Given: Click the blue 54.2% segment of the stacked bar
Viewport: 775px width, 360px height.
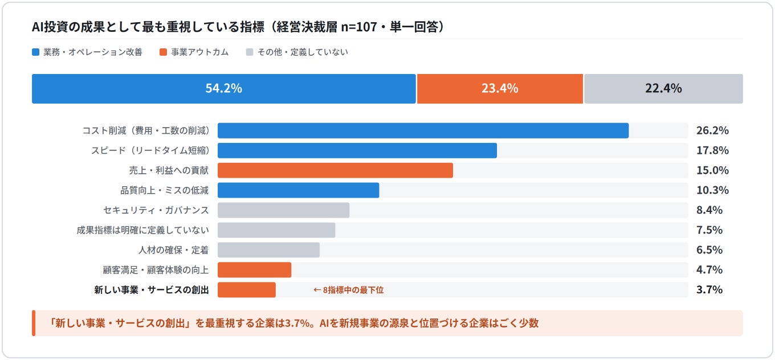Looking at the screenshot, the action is click(x=224, y=88).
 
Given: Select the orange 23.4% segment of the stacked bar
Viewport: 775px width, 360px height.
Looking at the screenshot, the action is click(x=500, y=88).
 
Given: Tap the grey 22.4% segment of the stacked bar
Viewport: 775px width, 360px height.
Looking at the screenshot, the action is click(x=663, y=88).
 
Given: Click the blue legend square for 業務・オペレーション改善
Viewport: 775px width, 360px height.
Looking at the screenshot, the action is click(x=36, y=52).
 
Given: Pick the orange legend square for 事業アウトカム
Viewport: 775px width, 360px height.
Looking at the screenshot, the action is click(x=164, y=52).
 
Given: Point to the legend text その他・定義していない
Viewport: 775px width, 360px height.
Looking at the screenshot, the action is click(x=303, y=52).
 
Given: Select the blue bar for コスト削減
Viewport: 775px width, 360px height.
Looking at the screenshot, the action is click(x=423, y=130).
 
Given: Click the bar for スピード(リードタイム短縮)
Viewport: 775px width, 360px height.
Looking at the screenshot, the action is click(x=357, y=150).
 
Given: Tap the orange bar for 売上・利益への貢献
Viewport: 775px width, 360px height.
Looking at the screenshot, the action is click(x=335, y=170).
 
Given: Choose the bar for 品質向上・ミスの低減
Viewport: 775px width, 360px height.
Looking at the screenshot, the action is click(x=298, y=190).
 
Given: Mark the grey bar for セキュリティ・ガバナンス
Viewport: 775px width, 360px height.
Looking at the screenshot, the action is click(x=283, y=210).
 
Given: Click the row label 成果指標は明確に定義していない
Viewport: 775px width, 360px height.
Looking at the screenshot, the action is click(x=143, y=230).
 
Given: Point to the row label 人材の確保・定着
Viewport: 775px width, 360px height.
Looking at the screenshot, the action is click(x=174, y=250).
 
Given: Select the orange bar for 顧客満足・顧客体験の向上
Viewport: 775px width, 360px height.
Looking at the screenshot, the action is click(x=254, y=270).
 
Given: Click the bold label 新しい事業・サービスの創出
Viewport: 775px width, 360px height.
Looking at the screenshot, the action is click(x=152, y=290).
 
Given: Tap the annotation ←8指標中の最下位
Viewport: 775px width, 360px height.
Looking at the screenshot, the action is click(x=348, y=290).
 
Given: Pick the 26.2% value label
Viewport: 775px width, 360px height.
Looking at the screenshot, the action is click(x=712, y=130).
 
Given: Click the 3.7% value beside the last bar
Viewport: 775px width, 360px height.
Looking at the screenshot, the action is click(x=709, y=289).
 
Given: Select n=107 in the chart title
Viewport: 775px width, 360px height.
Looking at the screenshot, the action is click(x=359, y=27).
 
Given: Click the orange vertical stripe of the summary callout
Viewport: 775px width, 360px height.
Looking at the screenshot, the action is click(x=34, y=323).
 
